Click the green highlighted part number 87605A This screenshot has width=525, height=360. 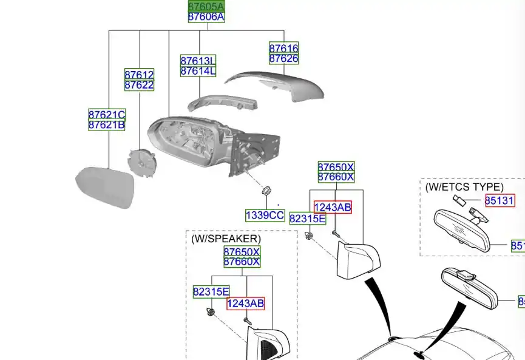pyautogui.click(x=206, y=6)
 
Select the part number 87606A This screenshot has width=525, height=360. pyautogui.click(x=206, y=17)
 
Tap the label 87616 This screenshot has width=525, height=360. pyautogui.click(x=283, y=48)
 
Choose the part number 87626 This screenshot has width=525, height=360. pyautogui.click(x=283, y=59)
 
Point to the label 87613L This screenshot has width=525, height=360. pyautogui.click(x=198, y=61)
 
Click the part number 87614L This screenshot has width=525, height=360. pyautogui.click(x=198, y=71)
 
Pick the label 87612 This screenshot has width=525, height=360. pyautogui.click(x=139, y=75)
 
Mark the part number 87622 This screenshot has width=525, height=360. pyautogui.click(x=139, y=86)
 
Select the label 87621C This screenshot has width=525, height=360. pyautogui.click(x=107, y=115)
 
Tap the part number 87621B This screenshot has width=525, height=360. pyautogui.click(x=107, y=125)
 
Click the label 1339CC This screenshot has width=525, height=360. pyautogui.click(x=265, y=216)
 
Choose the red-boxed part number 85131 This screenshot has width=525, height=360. pyautogui.click(x=500, y=200)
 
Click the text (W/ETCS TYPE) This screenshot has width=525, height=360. pyautogui.click(x=464, y=187)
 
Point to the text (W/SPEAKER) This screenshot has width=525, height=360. pyautogui.click(x=226, y=239)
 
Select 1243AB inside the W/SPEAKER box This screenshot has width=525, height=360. pyautogui.click(x=245, y=304)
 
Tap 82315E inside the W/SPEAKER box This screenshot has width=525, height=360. pyautogui.click(x=211, y=292)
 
